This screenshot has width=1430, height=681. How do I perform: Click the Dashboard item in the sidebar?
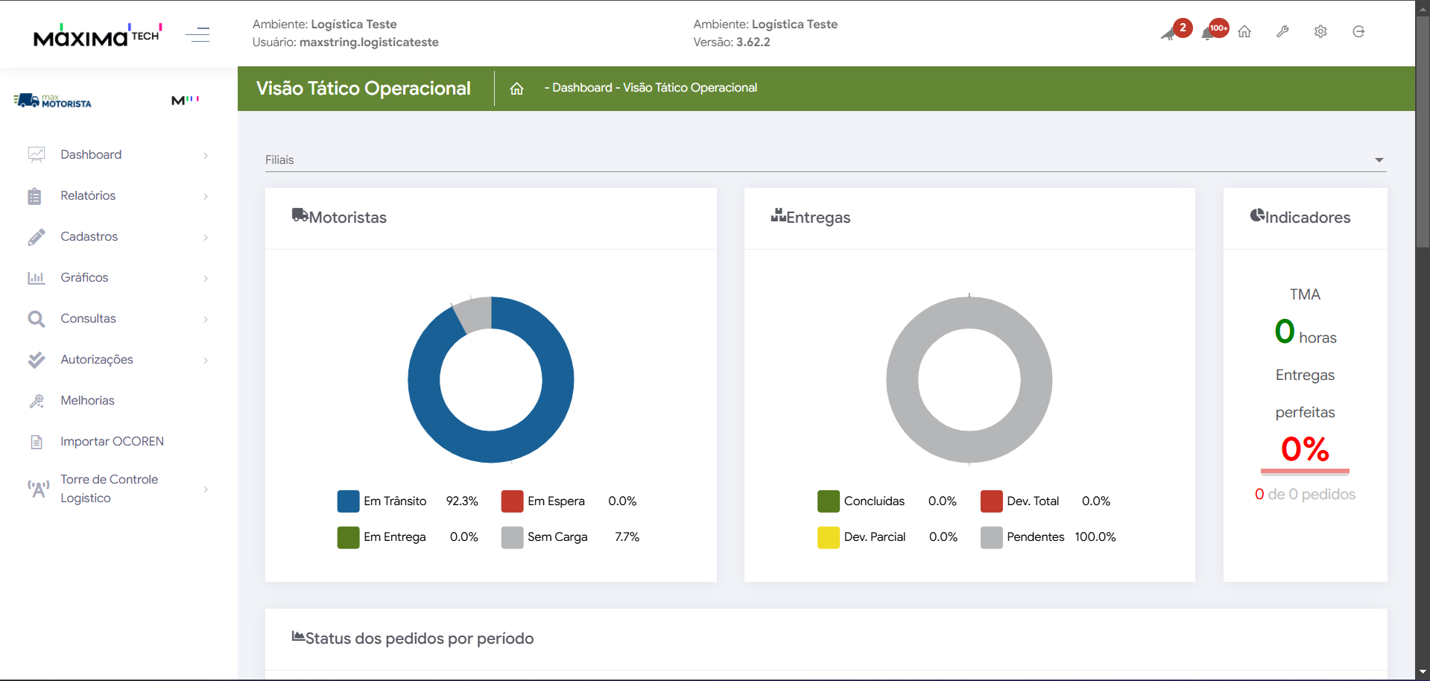[91, 155]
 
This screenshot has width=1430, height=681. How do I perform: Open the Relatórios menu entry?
[88, 196]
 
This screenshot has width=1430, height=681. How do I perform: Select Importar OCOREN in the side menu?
[112, 442]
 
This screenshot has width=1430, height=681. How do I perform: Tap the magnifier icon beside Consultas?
[36, 319]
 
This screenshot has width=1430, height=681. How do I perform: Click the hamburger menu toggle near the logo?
[197, 34]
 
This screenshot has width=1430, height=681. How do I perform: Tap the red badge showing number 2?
[1183, 28]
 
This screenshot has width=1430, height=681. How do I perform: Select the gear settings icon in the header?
[1320, 32]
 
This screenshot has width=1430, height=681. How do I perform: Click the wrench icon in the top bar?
[1282, 32]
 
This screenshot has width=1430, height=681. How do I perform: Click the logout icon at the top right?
[1358, 32]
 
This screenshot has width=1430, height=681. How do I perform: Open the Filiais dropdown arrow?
[1379, 160]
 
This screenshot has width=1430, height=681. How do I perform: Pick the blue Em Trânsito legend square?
[348, 501]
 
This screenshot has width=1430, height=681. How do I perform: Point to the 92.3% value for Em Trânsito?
[462, 501]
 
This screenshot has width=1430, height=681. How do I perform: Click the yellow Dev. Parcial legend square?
[828, 537]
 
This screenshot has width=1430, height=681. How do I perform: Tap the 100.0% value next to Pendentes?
[1095, 537]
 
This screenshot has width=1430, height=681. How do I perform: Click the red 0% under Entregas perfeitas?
[1305, 449]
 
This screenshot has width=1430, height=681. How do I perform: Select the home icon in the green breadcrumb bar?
[516, 89]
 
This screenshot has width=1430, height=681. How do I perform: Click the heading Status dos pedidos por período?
[420, 639]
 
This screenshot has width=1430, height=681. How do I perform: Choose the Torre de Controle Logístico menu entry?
[109, 489]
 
